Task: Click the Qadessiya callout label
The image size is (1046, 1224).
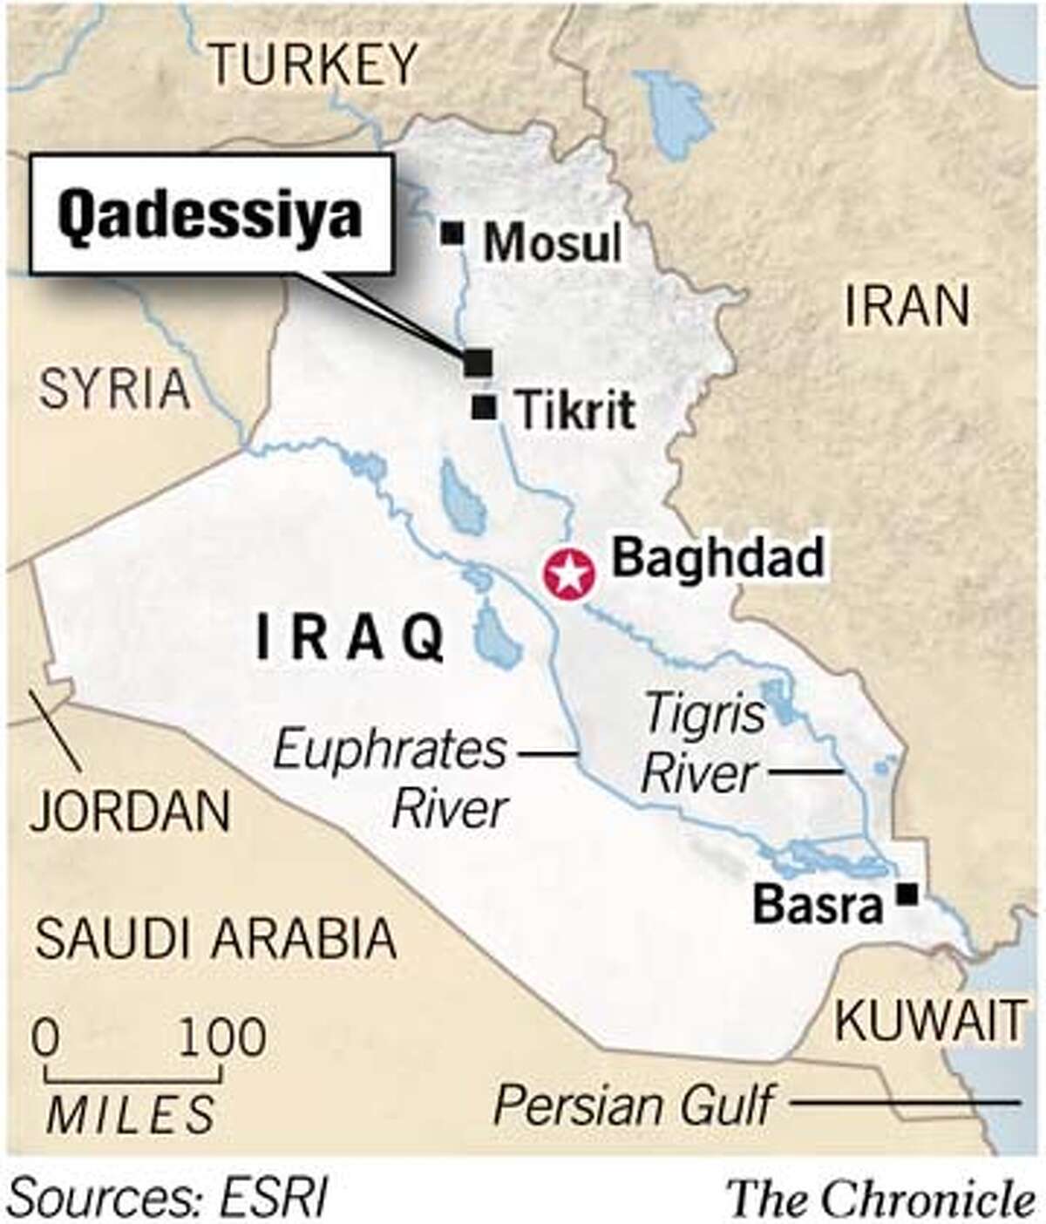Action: pos(210,214)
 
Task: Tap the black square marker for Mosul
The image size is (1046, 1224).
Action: pos(452,234)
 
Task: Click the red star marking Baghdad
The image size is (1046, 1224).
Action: pos(568,575)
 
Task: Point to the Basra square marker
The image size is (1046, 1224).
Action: pos(908,894)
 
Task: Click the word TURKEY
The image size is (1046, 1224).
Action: pos(315,65)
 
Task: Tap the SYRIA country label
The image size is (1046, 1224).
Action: pos(114,389)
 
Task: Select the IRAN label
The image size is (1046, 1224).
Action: pos(907,306)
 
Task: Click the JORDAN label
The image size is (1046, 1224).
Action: pos(131,811)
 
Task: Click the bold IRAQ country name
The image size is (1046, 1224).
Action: pos(350,639)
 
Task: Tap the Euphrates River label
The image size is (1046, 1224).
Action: pos(391,779)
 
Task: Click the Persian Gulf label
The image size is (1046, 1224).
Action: pos(633,1105)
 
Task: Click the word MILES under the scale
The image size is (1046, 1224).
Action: pos(131,1113)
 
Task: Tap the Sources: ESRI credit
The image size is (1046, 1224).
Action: pos(166,1200)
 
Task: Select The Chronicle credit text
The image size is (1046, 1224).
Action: pos(881,1199)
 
